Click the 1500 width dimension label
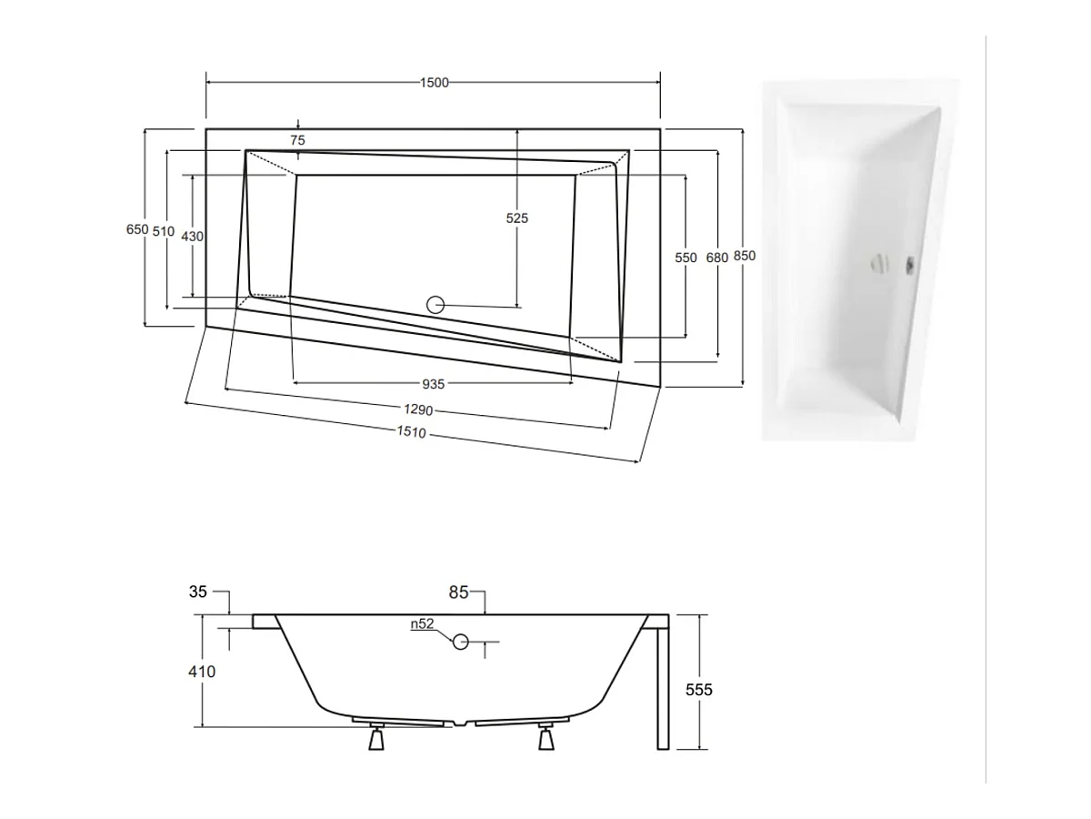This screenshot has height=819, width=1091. (x=434, y=83)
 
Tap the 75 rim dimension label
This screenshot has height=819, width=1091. (x=297, y=140)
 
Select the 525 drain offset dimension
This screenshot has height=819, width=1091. (x=517, y=217)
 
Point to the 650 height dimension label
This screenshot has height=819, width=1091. (x=137, y=229)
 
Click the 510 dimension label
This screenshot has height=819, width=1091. (x=164, y=231)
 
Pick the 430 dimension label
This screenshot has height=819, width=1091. (x=192, y=237)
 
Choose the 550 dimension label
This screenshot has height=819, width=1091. (x=686, y=258)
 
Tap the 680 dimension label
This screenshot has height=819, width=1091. (x=716, y=258)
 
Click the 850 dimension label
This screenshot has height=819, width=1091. (x=744, y=256)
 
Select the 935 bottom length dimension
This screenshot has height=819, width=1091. (x=433, y=384)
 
